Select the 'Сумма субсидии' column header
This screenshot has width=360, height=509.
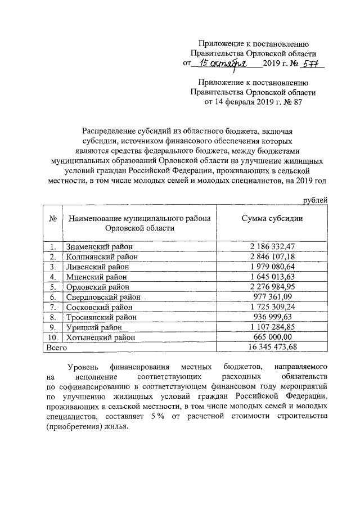pyautogui.click(x=272, y=218)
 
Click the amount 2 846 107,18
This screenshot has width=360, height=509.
pyautogui.click(x=272, y=256)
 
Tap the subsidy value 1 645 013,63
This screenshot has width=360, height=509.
pyautogui.click(x=272, y=277)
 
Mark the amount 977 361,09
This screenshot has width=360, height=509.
pyautogui.click(x=272, y=297)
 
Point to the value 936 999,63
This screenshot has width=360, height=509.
pyautogui.click(x=272, y=317)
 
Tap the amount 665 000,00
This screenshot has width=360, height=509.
pyautogui.click(x=272, y=337)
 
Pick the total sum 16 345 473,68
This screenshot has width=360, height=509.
pyautogui.click(x=272, y=348)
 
